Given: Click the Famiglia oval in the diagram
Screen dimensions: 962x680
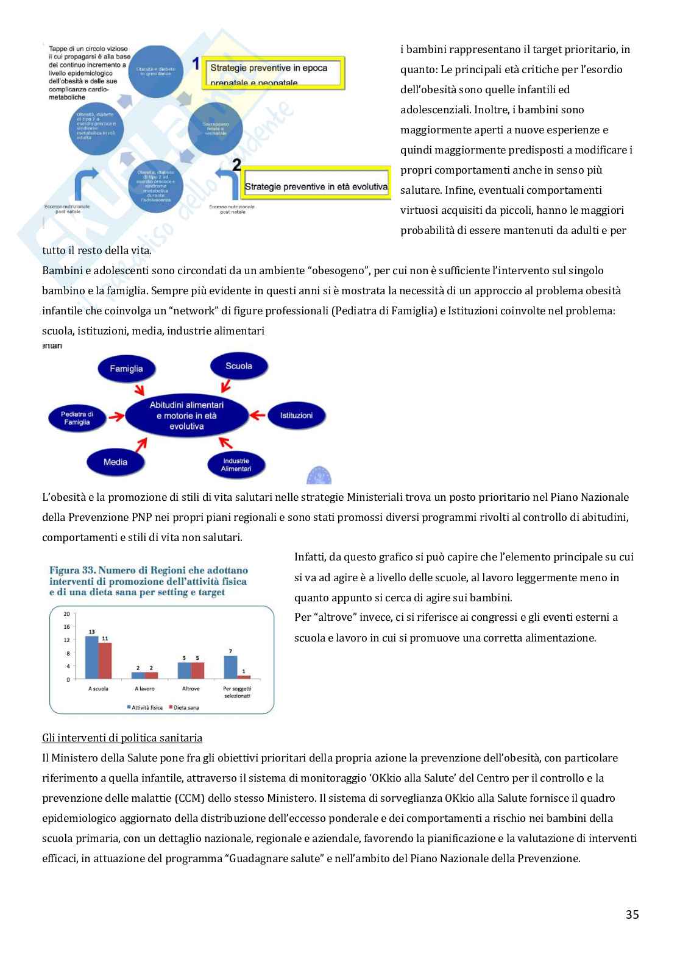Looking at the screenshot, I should [x=126, y=369].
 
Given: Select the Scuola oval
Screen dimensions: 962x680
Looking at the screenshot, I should [x=238, y=366].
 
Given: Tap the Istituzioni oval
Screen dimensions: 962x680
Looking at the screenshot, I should [x=296, y=416].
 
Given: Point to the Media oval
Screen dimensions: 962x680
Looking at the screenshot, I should [x=115, y=462].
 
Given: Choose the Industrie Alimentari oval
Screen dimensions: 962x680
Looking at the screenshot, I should [x=236, y=465].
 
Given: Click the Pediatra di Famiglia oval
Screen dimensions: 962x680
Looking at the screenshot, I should [x=77, y=418].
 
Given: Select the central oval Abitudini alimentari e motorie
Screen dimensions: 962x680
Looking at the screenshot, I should [x=186, y=416].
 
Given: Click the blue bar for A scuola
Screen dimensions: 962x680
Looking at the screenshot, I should [x=91, y=657].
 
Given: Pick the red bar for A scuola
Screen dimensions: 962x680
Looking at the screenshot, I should [x=105, y=660].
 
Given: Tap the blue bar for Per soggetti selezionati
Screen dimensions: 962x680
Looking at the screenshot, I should [x=230, y=667].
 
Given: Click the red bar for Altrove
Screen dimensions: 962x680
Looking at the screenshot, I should [x=197, y=670].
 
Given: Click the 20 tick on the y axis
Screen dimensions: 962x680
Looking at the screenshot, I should [x=67, y=614].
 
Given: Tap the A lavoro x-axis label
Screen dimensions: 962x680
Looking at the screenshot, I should [x=144, y=688].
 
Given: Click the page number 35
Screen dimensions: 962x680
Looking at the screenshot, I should [x=632, y=914].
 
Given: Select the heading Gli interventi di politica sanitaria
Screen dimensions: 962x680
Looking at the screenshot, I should [x=122, y=738].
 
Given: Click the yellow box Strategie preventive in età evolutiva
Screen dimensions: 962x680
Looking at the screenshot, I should [x=316, y=186].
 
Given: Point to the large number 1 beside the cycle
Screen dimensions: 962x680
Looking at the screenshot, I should [x=196, y=63].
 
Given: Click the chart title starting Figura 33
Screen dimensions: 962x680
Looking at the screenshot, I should [x=149, y=581].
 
